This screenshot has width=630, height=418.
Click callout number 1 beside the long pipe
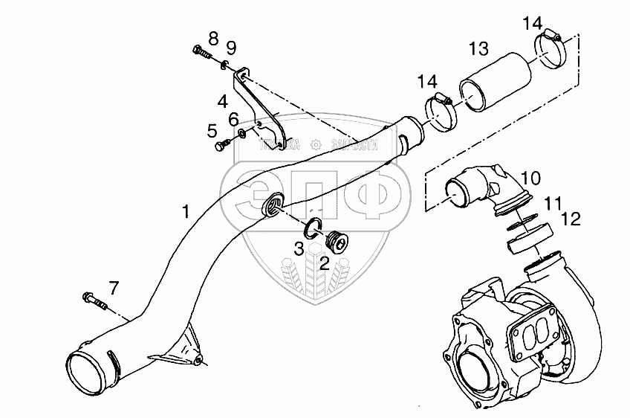(186, 213)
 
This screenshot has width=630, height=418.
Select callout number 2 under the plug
(325, 262)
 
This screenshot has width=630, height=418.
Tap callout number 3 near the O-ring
(298, 249)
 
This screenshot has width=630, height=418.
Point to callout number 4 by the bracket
(223, 100)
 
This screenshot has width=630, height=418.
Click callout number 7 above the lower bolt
(113, 286)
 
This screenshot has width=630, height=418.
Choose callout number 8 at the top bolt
(213, 37)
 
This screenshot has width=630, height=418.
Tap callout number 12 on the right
(571, 219)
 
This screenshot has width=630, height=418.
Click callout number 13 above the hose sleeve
(479, 49)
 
